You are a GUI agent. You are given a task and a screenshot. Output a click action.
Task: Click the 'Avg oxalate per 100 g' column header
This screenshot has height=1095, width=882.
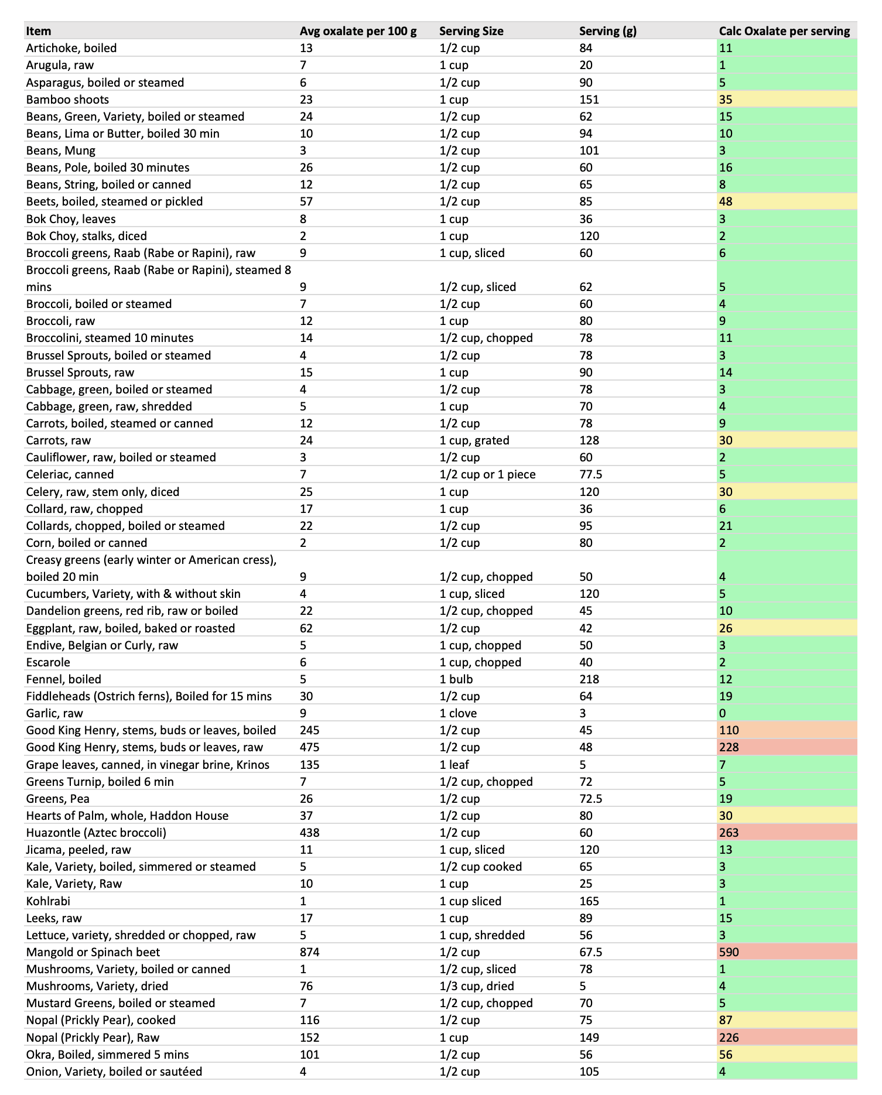point(358,31)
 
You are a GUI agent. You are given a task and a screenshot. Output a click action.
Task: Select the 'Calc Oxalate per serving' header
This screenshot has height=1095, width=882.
point(784,31)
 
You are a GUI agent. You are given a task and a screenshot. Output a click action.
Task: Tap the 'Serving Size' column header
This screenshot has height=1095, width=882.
point(471,31)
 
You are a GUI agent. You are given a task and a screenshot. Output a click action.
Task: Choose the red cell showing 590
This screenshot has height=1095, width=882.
point(729,952)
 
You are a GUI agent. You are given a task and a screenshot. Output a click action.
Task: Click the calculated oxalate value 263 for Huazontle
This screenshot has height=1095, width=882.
point(729,833)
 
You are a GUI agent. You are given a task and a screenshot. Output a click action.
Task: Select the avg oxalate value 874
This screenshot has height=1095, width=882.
point(309,952)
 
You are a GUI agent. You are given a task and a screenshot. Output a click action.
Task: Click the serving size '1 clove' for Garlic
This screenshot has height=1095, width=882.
point(458,713)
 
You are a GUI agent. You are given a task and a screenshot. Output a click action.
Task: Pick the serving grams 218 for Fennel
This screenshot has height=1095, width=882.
point(589,679)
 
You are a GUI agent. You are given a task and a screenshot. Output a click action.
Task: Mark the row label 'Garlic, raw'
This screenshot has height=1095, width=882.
point(54,713)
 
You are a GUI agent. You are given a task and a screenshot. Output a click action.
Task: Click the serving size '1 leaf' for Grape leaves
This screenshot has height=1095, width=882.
point(453,765)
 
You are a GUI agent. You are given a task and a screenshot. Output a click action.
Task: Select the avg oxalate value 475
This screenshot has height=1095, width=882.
point(309,747)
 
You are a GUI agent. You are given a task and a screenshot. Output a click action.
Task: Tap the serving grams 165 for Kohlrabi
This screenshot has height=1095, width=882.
point(589,901)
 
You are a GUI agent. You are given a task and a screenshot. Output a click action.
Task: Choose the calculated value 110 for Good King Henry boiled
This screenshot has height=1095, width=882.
point(729,730)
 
